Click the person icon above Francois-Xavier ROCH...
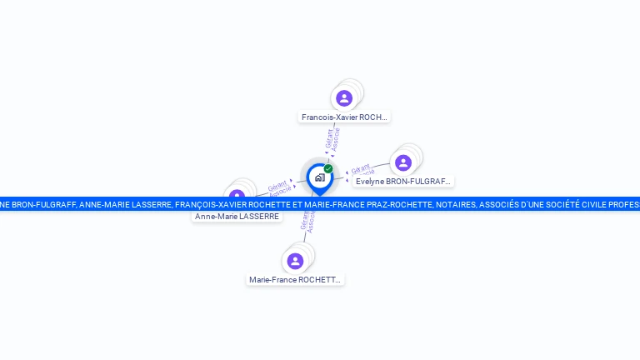[344, 98]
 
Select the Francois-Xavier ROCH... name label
[344, 117]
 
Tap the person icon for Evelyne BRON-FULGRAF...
[403, 162]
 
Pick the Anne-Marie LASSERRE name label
[237, 217]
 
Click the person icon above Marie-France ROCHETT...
[295, 261]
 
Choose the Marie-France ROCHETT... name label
[295, 280]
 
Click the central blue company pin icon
[319, 177]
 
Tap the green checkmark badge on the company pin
[328, 168]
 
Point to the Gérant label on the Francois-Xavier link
[329, 137]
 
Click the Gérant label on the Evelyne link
[360, 168]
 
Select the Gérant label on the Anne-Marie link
[277, 186]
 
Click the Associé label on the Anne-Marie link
[281, 192]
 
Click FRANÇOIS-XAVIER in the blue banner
[212, 204]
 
